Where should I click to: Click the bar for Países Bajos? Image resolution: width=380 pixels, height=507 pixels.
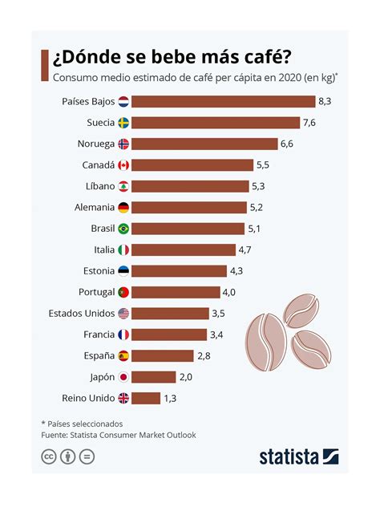223,102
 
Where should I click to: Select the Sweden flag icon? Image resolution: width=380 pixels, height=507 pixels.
123,123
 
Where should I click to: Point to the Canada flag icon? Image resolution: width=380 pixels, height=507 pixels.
123,165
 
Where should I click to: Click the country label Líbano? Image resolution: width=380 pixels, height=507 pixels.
100,186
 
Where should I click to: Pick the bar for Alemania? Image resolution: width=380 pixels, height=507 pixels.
188,207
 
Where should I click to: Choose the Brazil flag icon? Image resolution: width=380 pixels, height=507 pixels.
123,229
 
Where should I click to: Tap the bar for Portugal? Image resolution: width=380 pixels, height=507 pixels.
176,292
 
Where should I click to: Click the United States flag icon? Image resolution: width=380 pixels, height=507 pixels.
123,313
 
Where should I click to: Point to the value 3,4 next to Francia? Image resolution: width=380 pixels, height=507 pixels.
217,334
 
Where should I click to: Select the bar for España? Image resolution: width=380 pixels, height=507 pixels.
162,355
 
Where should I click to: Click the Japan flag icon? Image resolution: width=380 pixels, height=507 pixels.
123,376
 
